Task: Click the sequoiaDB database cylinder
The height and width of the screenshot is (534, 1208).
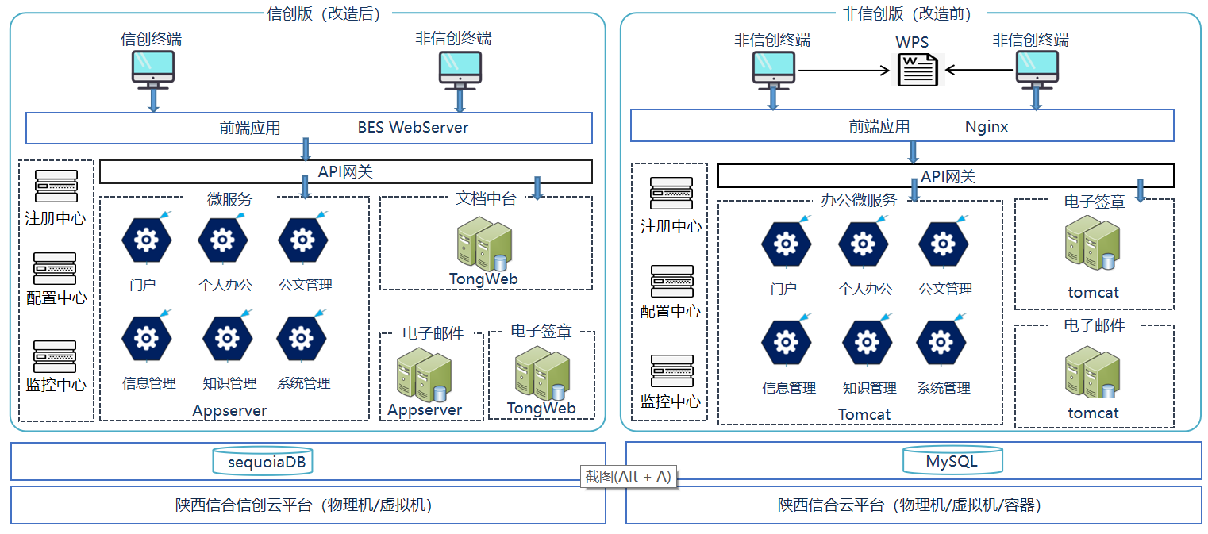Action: pos(263,461)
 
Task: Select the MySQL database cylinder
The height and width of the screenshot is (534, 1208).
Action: pos(952,461)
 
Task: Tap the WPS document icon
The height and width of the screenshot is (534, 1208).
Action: pos(918,70)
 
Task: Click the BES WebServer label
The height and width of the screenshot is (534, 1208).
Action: pos(413,127)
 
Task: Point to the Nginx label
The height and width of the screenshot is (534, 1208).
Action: pos(987,126)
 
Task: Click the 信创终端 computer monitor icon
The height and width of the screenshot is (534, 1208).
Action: pos(153,70)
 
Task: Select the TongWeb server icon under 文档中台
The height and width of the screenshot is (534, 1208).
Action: pos(484,244)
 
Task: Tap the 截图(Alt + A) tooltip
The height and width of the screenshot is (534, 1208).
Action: pos(629,477)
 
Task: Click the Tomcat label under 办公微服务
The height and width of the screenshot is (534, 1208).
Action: pos(864,414)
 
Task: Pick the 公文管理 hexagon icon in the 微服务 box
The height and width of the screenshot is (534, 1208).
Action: pos(302,240)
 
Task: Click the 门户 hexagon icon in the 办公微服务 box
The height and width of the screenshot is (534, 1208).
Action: pos(787,244)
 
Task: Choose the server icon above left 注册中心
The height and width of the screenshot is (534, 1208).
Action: pos(56,186)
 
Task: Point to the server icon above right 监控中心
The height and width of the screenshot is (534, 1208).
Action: pos(671,371)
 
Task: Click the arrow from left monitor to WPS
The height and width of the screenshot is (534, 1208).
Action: pos(844,70)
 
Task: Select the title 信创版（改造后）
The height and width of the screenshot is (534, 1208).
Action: pos(324,13)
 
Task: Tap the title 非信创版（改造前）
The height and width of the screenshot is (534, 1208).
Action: pos(907,13)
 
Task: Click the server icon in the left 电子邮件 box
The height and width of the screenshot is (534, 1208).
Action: pos(424,375)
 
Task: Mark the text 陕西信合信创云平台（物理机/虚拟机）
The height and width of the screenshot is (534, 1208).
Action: pos(304,505)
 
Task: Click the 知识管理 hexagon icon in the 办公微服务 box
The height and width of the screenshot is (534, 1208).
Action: pos(867,343)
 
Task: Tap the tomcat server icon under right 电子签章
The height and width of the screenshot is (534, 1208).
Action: pos(1093,243)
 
